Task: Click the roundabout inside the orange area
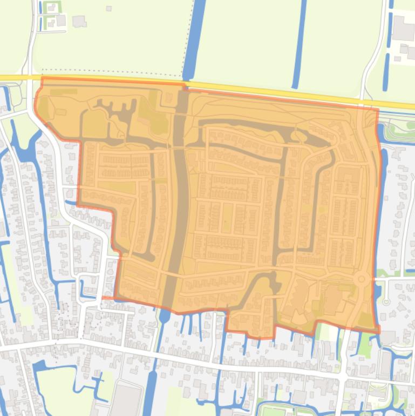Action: (363, 279)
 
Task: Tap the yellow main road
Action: (270, 90)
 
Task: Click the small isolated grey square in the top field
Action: (109, 9)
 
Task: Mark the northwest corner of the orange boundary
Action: (42, 78)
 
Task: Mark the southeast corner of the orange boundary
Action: (378, 331)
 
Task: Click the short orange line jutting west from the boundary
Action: (108, 298)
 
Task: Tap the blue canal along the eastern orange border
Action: (380, 216)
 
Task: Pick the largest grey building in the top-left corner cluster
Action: (79, 21)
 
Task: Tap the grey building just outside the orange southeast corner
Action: (388, 338)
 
